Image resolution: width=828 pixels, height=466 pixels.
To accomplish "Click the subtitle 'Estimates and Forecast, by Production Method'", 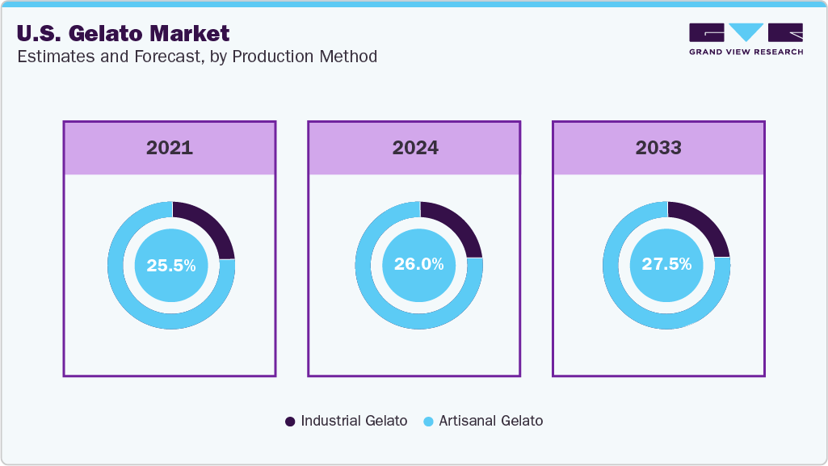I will click(196, 57).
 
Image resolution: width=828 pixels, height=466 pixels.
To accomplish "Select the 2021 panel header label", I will click(170, 148).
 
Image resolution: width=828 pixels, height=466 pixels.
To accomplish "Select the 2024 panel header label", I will click(415, 148).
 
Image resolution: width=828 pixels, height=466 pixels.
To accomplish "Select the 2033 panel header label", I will click(658, 148).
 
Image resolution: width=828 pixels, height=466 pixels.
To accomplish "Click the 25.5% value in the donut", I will click(170, 265).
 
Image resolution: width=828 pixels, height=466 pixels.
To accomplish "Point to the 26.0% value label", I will click(418, 265).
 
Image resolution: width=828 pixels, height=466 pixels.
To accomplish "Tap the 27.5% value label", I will click(666, 265).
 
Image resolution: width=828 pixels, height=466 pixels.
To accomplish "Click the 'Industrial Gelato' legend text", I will click(354, 421).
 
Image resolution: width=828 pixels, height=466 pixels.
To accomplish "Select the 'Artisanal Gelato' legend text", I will click(491, 421).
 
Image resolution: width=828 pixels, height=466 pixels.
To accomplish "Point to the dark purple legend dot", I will click(290, 422).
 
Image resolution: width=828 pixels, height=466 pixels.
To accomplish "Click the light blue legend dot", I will click(428, 422).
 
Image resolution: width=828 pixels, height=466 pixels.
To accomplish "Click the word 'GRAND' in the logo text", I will click(706, 52).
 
